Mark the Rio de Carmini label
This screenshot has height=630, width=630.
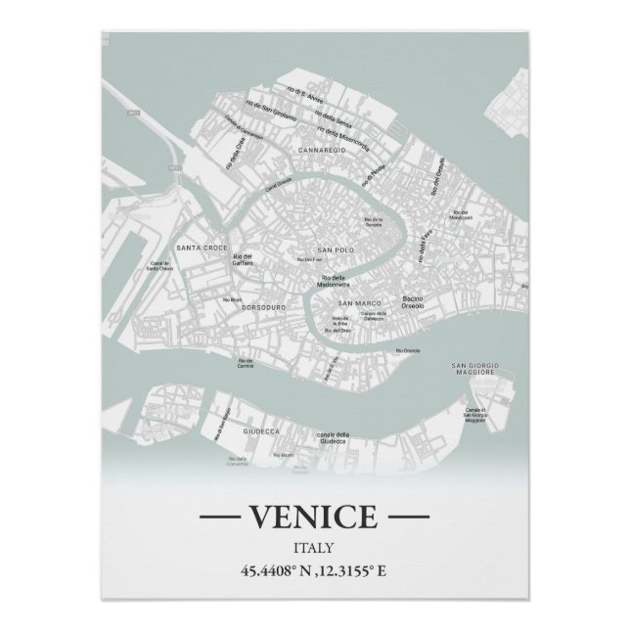[x=245, y=364]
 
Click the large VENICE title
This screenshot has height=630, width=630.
[x=314, y=516]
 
